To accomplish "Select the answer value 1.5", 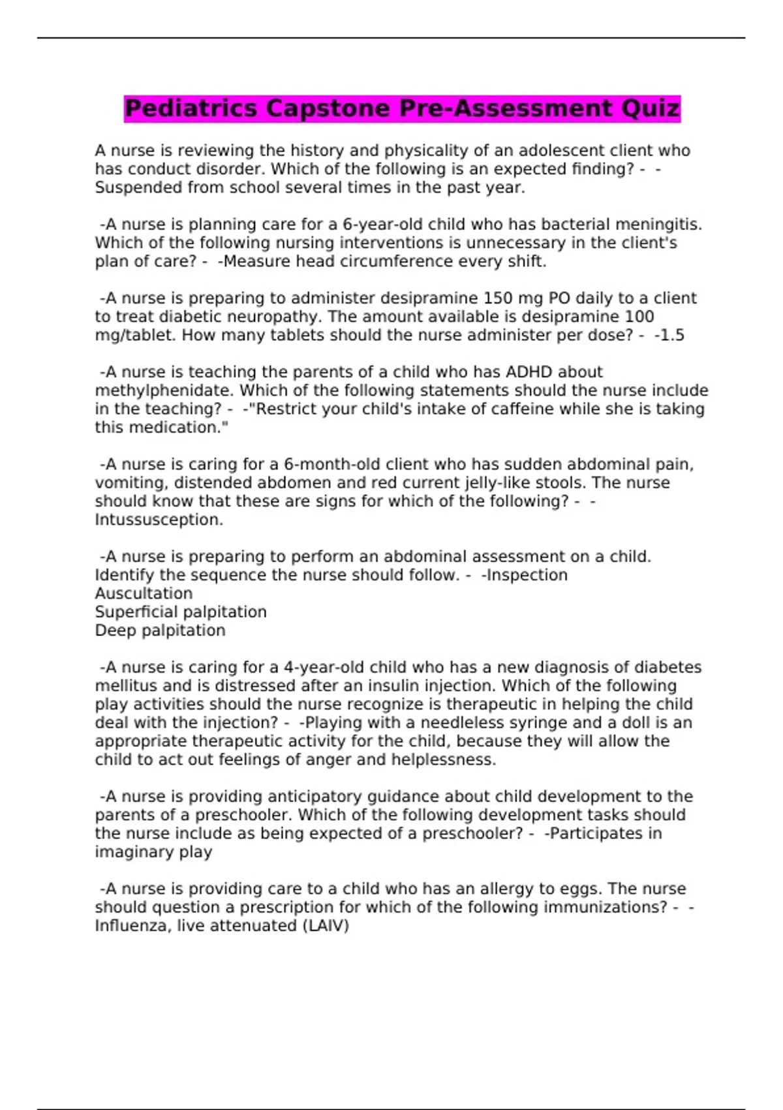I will (672, 336).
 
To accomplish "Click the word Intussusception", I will (159, 520).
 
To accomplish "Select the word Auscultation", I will (144, 594).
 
